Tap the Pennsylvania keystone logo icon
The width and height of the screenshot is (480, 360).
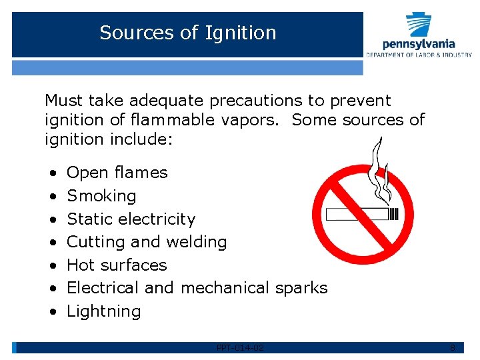coord(419,25)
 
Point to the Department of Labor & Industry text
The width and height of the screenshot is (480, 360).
coord(419,55)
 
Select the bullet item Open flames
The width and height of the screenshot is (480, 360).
coord(117,173)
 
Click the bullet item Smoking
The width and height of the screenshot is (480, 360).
coord(101,196)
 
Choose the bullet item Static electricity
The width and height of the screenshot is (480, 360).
coord(131,219)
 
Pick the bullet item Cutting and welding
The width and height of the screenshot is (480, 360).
coord(147,242)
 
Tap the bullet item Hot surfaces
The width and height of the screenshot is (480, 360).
coord(117,265)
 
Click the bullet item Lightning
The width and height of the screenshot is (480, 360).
coord(104,311)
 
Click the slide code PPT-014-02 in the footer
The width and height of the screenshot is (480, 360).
coord(240,347)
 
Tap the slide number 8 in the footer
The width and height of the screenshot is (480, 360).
coord(453,347)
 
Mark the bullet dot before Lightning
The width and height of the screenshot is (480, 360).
coord(52,311)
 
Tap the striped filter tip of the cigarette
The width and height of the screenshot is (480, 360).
coord(393,215)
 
